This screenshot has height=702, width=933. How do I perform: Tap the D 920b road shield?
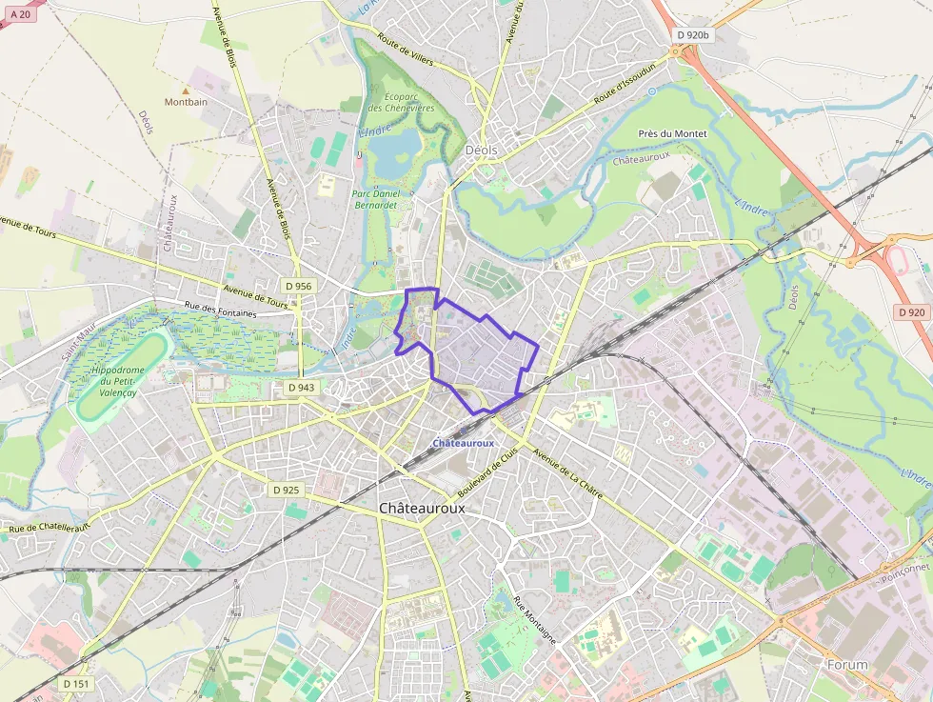(693, 35)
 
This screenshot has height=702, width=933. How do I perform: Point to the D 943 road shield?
(302, 388)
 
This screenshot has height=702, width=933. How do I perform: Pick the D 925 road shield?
(286, 490)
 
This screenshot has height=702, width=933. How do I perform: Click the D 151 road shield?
(77, 683)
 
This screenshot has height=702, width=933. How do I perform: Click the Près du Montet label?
(673, 134)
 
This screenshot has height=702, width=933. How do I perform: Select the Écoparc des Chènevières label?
(401, 102)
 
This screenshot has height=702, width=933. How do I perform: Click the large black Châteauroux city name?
(422, 509)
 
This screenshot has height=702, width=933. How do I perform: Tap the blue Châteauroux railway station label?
(463, 443)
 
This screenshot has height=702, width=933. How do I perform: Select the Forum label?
(847, 664)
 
